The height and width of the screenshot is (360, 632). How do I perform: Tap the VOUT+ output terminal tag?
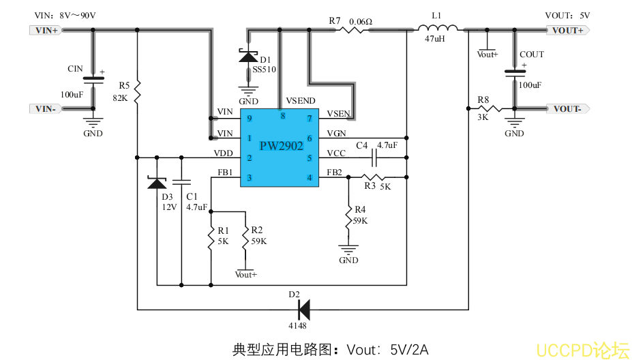point(567,30)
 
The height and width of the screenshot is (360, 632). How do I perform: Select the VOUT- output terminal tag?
point(567,108)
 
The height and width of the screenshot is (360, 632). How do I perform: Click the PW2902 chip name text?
point(281,145)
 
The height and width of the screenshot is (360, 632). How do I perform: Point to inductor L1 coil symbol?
point(437,28)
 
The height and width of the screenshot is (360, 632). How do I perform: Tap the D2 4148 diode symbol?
point(303,310)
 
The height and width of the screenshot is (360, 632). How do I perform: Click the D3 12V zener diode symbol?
point(157,183)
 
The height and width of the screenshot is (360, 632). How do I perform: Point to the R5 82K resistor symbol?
point(137,89)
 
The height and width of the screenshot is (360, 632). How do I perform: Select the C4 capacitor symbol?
point(374,158)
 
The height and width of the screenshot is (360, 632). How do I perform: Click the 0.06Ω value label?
point(361,21)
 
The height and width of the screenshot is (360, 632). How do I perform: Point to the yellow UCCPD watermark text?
point(582,350)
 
